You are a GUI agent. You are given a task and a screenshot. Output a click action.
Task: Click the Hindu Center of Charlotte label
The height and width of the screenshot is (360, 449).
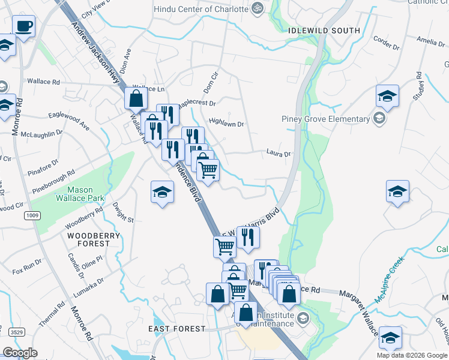coord(200,10)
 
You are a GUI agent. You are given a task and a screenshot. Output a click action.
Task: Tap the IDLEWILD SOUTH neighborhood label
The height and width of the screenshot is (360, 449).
coord(324,31)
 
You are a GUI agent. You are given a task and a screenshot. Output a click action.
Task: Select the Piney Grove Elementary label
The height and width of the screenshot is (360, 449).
coord(324,118)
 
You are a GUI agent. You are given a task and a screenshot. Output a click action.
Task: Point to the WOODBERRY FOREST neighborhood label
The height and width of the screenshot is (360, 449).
coord(89,239)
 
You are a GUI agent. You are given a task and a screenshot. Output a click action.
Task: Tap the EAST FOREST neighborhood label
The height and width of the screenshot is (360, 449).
coord(176,329)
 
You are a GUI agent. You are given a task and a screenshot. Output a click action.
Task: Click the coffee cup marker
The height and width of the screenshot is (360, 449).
coord(23,27)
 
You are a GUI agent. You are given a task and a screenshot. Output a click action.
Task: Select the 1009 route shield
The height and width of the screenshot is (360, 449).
coord(32,214)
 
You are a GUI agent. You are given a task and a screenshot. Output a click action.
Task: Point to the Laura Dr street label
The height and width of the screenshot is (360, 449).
coord(279,154)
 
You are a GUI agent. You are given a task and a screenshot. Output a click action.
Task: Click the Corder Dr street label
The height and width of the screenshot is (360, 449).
coord(387,42)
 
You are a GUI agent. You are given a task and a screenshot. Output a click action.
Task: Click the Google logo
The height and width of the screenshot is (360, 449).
coord(20,353)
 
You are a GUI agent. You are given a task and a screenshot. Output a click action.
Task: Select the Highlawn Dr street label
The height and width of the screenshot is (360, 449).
coord(226,124)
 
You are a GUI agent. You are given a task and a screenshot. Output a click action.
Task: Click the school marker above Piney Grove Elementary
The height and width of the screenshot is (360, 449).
coord(387,97)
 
